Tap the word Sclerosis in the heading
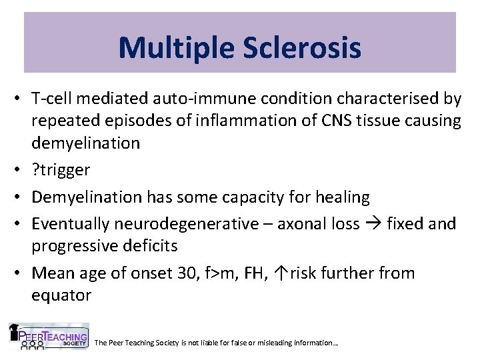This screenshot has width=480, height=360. (305, 47)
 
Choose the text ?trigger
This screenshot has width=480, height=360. (61, 169)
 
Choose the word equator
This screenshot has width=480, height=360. (61, 295)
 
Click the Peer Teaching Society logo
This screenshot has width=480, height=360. (49, 337)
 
